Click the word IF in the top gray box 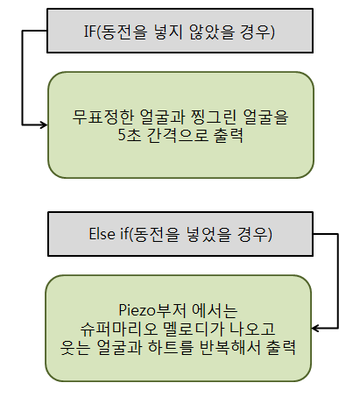90,31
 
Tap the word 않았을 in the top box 212,31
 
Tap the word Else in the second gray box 102,234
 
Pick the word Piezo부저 152,310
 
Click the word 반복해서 229,347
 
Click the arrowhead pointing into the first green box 44,124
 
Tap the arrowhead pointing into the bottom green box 315,328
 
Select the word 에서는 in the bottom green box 215,310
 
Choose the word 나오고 252,329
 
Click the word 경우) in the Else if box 255,234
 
